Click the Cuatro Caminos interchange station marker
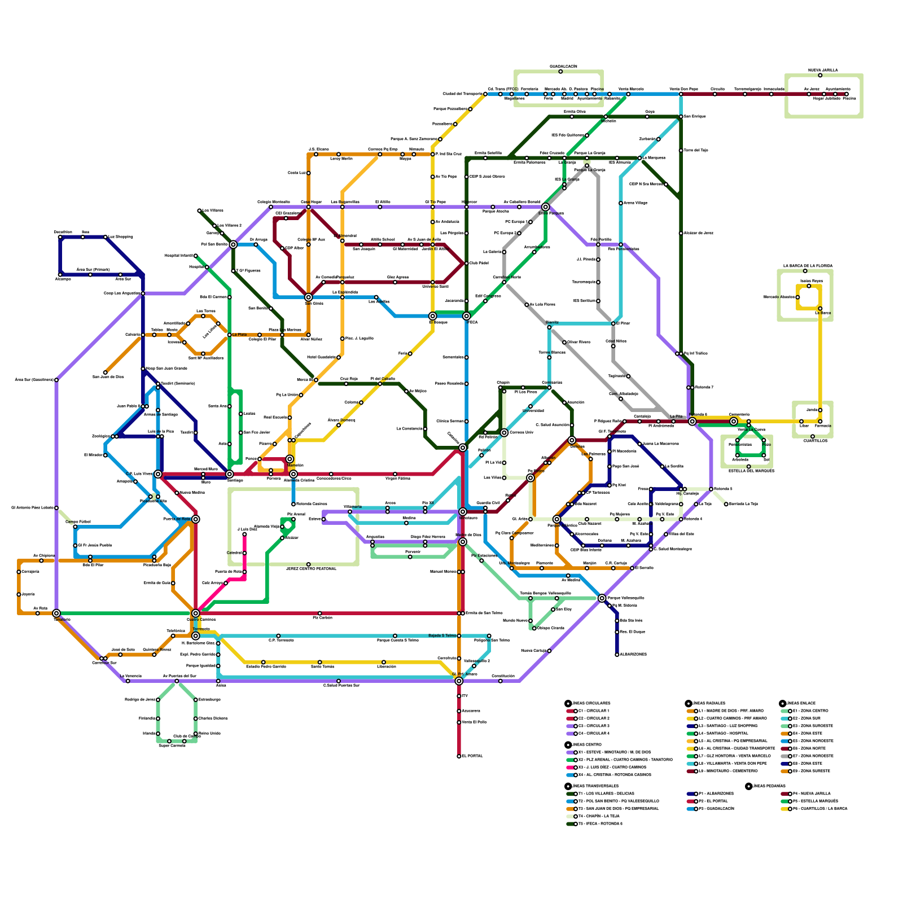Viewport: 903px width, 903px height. point(195,613)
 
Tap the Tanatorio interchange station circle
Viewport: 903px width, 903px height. point(56,613)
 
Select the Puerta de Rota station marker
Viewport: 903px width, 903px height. point(195,519)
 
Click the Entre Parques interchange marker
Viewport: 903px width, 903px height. point(545,207)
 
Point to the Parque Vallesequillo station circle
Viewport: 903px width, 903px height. point(602,598)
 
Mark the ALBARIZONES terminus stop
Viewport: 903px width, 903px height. point(617,655)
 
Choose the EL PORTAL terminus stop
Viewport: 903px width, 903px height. point(459,756)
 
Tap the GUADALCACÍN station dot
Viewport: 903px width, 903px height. point(560,72)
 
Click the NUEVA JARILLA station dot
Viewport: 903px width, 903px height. point(820,75)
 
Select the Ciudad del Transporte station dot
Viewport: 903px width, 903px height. point(485,94)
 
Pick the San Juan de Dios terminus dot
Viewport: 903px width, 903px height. point(105,372)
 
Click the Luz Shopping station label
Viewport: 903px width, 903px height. point(121,237)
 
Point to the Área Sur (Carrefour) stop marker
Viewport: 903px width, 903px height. point(56,380)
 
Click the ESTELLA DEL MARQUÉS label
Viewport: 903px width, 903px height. point(751,471)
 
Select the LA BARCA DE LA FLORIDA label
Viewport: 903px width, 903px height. point(808,266)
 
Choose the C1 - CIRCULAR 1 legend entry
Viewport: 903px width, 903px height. point(593,711)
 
